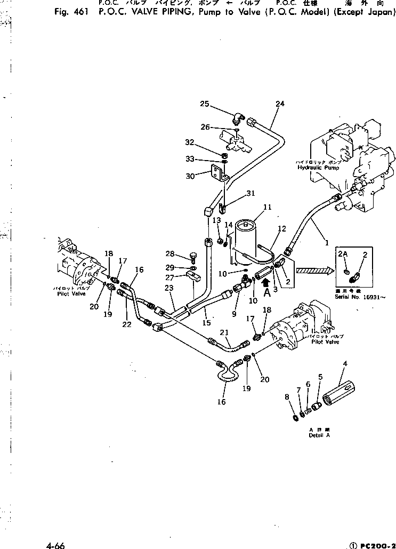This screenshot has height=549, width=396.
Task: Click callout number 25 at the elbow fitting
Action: coord(205,104)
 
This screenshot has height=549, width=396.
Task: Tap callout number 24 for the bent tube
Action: coord(280,104)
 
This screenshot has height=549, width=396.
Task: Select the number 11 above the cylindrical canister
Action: coord(267,206)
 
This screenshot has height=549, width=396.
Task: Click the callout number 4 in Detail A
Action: coord(345,364)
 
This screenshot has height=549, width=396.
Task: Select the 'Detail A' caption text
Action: coord(319,435)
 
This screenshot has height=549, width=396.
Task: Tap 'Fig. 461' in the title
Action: coord(71,14)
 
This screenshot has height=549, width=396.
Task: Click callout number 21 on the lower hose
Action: coord(225,332)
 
